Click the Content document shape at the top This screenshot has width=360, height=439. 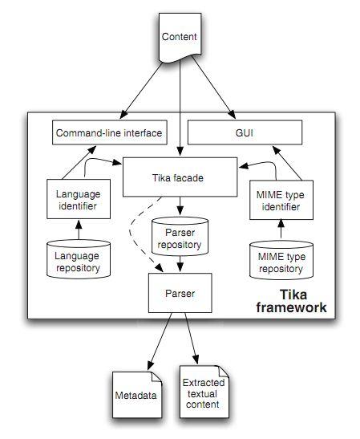click(180, 39)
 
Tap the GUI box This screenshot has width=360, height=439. click(245, 132)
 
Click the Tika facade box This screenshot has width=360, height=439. click(180, 177)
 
